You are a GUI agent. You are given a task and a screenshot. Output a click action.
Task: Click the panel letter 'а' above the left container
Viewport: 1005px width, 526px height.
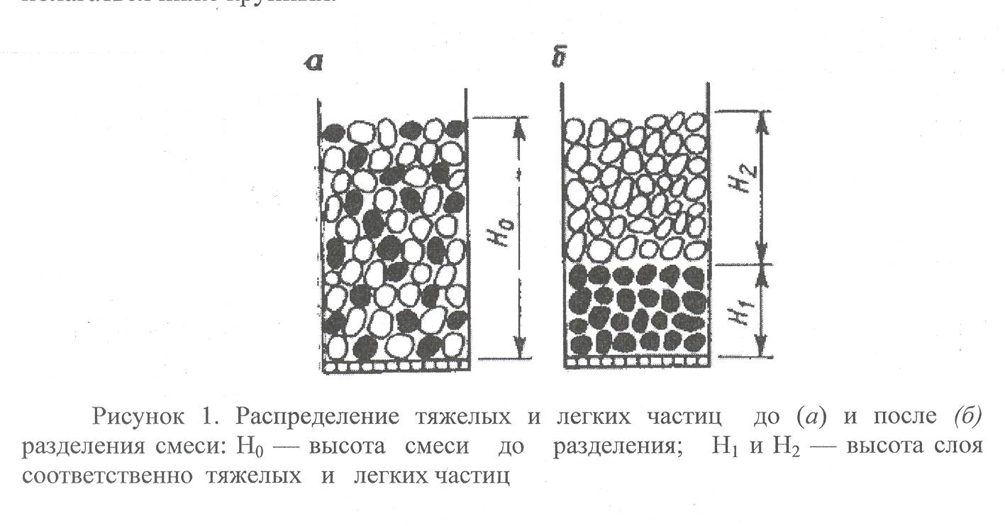[x=313, y=63]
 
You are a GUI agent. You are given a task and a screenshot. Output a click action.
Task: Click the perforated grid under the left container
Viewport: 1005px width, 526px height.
[x=394, y=366]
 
